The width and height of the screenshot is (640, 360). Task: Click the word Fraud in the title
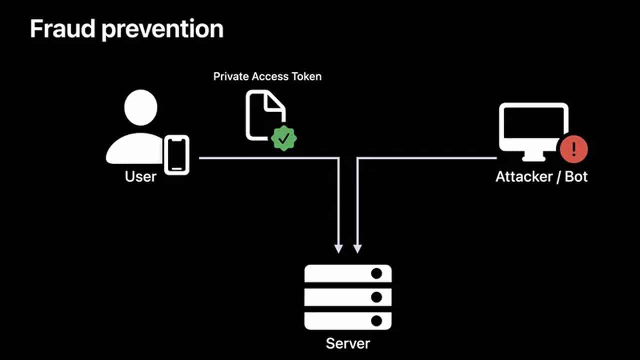(x=62, y=30)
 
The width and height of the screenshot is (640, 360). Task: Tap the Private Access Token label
(x=267, y=76)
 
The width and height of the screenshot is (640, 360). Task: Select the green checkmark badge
(x=284, y=138)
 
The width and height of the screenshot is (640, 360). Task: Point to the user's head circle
(x=141, y=107)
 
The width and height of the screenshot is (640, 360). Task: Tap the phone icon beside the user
(x=177, y=154)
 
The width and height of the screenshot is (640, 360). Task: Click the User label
(x=140, y=176)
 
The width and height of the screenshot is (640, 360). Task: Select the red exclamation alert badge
(x=574, y=148)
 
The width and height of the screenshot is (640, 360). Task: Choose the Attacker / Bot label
(x=541, y=176)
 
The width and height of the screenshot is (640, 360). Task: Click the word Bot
(x=576, y=176)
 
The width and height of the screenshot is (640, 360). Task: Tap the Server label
(x=348, y=343)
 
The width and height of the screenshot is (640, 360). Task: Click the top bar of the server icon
(x=348, y=273)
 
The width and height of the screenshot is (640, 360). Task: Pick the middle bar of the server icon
(x=348, y=297)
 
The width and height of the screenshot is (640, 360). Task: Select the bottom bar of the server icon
(x=348, y=320)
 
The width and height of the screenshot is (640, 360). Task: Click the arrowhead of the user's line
(x=338, y=248)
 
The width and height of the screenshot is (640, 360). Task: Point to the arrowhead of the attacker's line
(x=357, y=248)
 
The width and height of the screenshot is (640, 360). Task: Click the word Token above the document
(x=306, y=76)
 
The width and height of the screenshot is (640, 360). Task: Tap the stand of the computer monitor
(x=533, y=156)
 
